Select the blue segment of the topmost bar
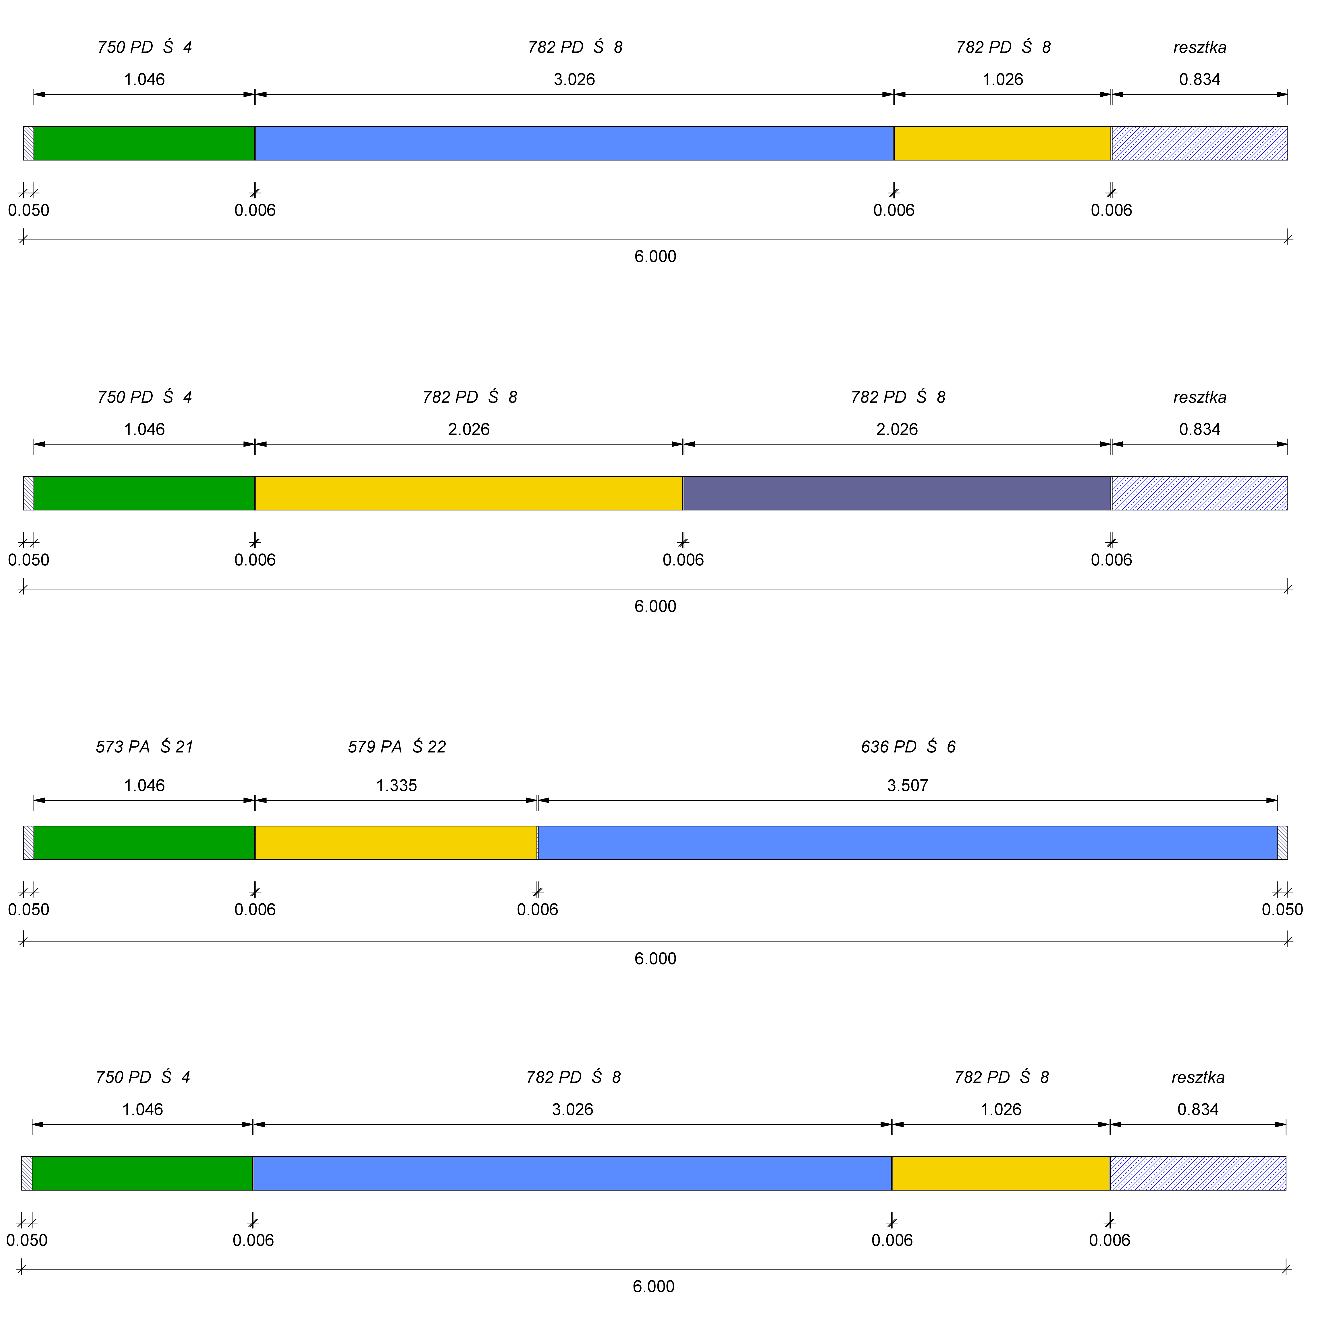click(x=574, y=143)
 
